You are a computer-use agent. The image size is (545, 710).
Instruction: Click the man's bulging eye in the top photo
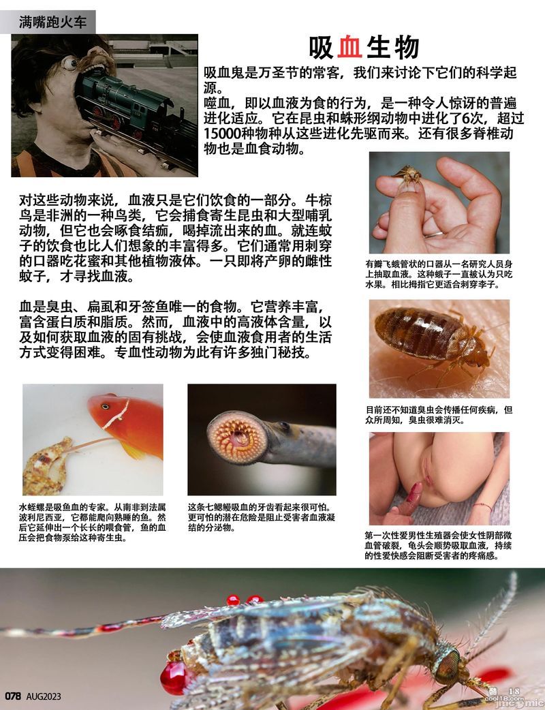70,63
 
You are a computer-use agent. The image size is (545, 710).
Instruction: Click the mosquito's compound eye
448,664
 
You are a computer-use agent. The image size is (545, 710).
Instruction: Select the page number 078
14,696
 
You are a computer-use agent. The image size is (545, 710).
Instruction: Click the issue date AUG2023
44,696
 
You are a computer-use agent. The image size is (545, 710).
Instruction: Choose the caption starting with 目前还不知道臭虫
439,415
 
